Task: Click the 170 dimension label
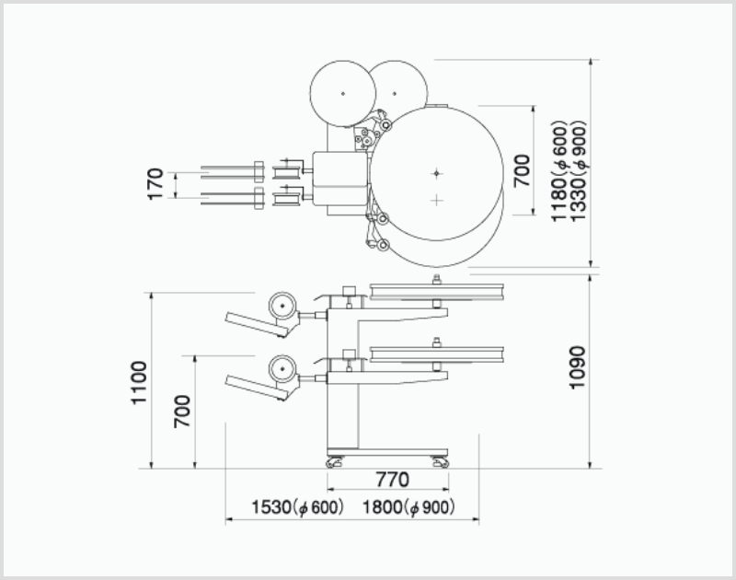155,184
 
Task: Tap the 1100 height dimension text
139,382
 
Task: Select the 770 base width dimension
393,480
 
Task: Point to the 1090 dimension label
578,367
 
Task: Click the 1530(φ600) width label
297,507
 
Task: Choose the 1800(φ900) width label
408,507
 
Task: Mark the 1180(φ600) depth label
560,171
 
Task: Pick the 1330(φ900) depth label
579,171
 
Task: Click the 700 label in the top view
522,171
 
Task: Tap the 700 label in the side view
182,412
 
